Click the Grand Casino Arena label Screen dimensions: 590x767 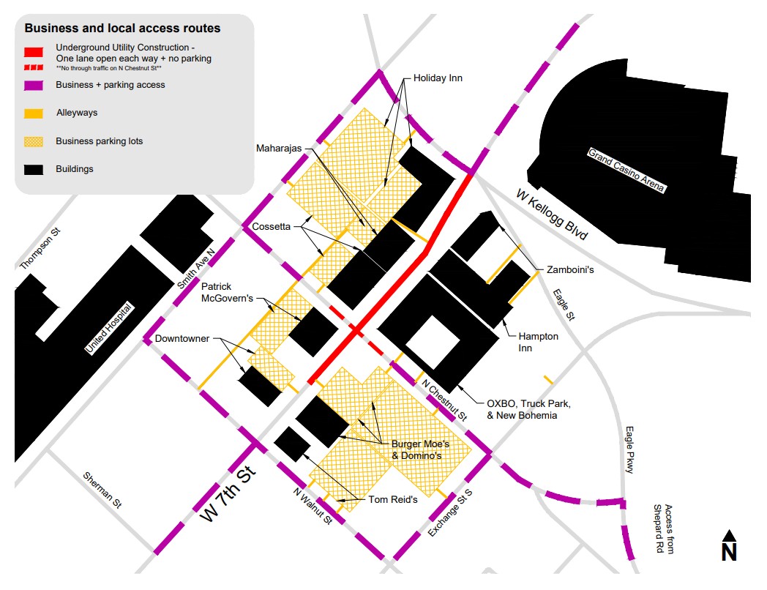tap(626, 171)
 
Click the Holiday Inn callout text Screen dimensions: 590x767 tap(438, 78)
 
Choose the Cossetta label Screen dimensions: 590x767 tap(272, 227)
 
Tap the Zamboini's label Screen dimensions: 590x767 tap(569, 270)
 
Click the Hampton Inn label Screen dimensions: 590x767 tap(538, 342)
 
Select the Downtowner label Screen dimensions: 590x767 tap(182, 339)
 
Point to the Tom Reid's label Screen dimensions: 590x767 tap(394, 500)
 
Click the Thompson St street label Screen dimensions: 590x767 tap(41, 248)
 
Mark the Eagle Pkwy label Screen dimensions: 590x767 tap(629, 450)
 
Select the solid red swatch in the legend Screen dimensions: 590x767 tap(34, 53)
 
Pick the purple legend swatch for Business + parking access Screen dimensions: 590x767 tap(34, 85)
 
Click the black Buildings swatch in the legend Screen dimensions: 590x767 tap(34, 169)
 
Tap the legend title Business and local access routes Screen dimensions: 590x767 tap(122, 29)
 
